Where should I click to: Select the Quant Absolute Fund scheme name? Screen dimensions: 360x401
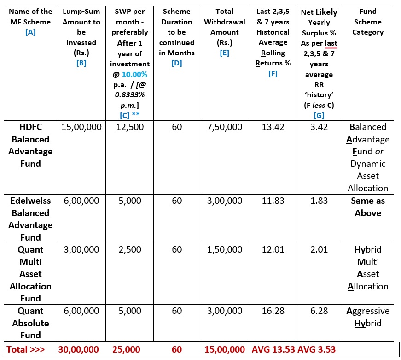click(30, 323)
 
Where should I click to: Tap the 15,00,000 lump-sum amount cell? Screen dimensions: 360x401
click(81, 127)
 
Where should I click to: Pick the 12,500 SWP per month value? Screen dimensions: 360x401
click(129, 127)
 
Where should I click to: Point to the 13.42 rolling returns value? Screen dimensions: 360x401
click(273, 127)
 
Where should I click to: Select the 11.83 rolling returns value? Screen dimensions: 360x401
click(273, 201)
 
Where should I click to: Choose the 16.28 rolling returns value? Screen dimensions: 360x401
click(273, 311)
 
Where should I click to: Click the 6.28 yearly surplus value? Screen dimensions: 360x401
click(319, 311)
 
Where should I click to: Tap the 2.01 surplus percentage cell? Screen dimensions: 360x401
click(319, 249)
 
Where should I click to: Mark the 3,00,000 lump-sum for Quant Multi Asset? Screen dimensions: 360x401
click(81, 249)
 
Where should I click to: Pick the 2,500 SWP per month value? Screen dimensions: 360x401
click(129, 249)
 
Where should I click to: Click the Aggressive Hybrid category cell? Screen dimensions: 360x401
click(367, 317)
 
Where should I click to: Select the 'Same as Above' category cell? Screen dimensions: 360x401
click(367, 207)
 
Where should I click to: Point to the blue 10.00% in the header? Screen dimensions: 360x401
click(134, 74)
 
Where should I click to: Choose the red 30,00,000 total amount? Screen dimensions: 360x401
click(81, 349)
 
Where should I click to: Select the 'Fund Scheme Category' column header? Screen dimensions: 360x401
click(367, 22)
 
